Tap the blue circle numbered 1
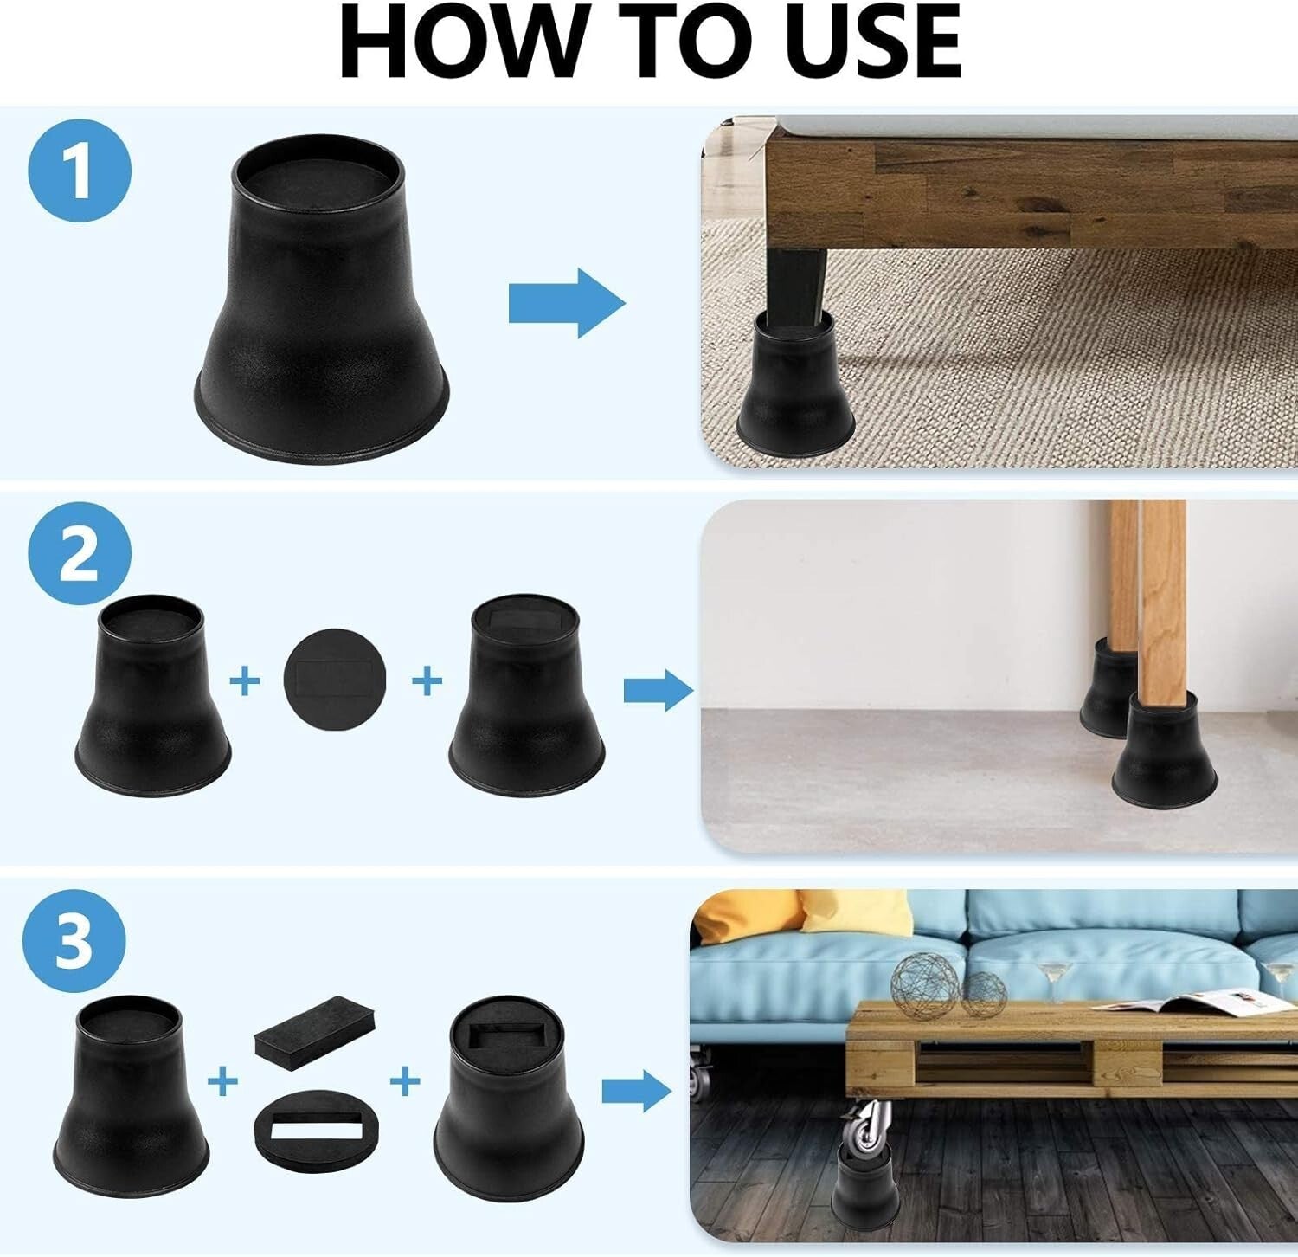click(80, 171)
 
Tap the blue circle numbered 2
click(80, 554)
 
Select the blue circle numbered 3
click(74, 941)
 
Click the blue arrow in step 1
click(567, 303)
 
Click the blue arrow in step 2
click(659, 690)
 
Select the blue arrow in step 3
click(637, 1093)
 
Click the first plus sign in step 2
click(245, 681)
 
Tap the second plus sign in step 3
click(404, 1080)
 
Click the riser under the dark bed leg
click(794, 384)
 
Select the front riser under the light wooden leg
click(1164, 749)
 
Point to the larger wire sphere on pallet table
click(924, 987)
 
